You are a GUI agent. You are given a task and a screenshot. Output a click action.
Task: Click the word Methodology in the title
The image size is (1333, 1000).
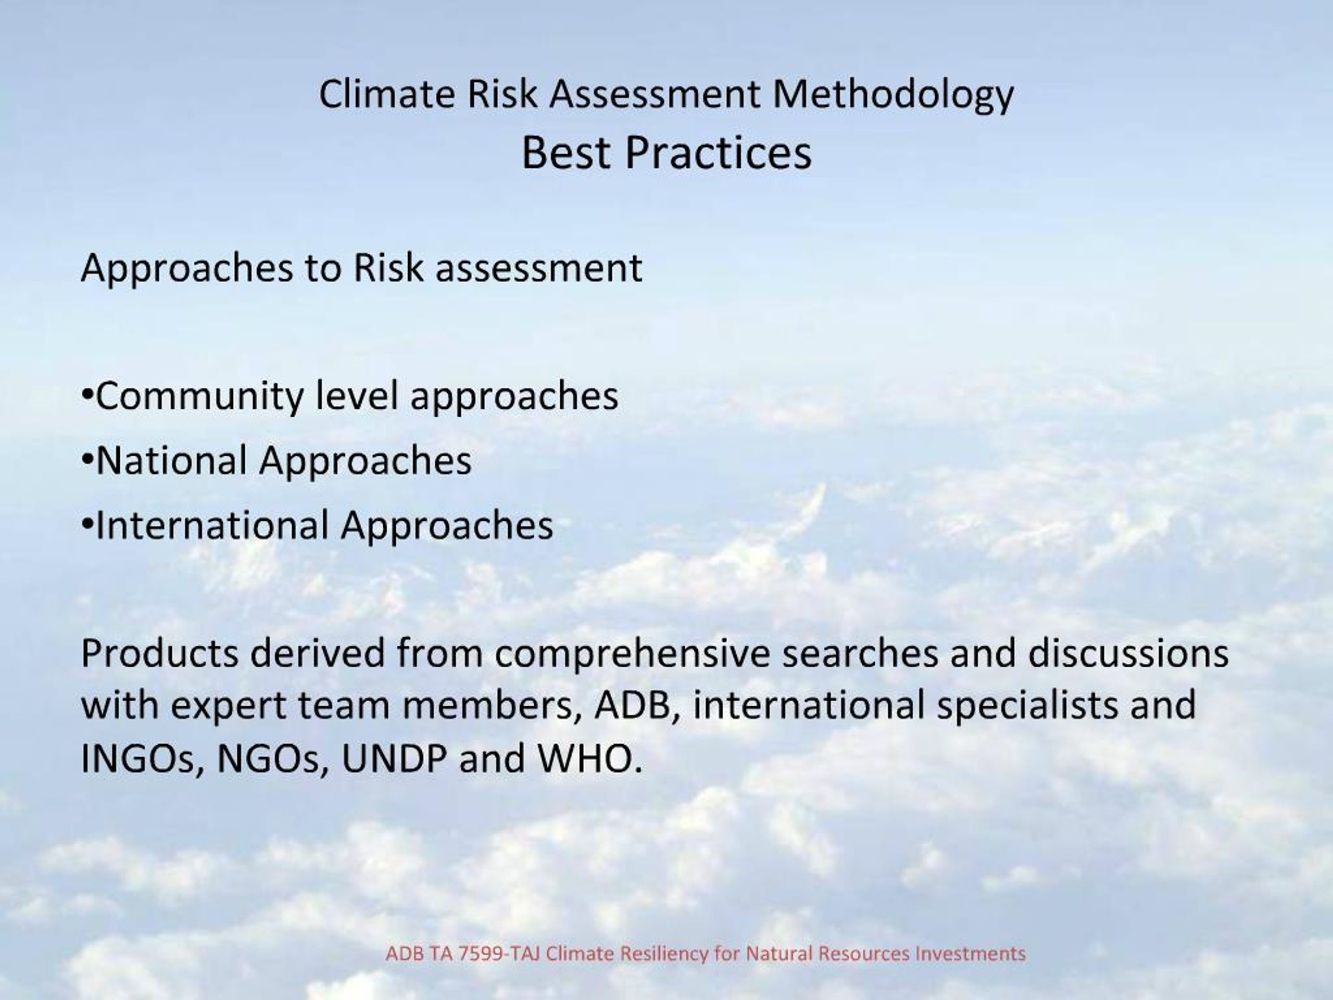[x=893, y=95]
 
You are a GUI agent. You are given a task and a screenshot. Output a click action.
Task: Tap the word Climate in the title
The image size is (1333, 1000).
[x=386, y=94]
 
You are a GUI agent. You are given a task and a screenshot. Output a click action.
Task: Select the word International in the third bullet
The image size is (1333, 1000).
[x=211, y=525]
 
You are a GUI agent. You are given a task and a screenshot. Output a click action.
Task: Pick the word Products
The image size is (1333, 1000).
[x=159, y=654]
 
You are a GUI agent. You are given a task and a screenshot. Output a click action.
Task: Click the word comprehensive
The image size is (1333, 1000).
[x=632, y=655]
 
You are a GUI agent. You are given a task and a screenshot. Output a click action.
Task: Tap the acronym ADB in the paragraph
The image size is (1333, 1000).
[x=632, y=705]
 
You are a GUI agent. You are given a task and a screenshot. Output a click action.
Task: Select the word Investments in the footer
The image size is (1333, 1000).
[x=970, y=954]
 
